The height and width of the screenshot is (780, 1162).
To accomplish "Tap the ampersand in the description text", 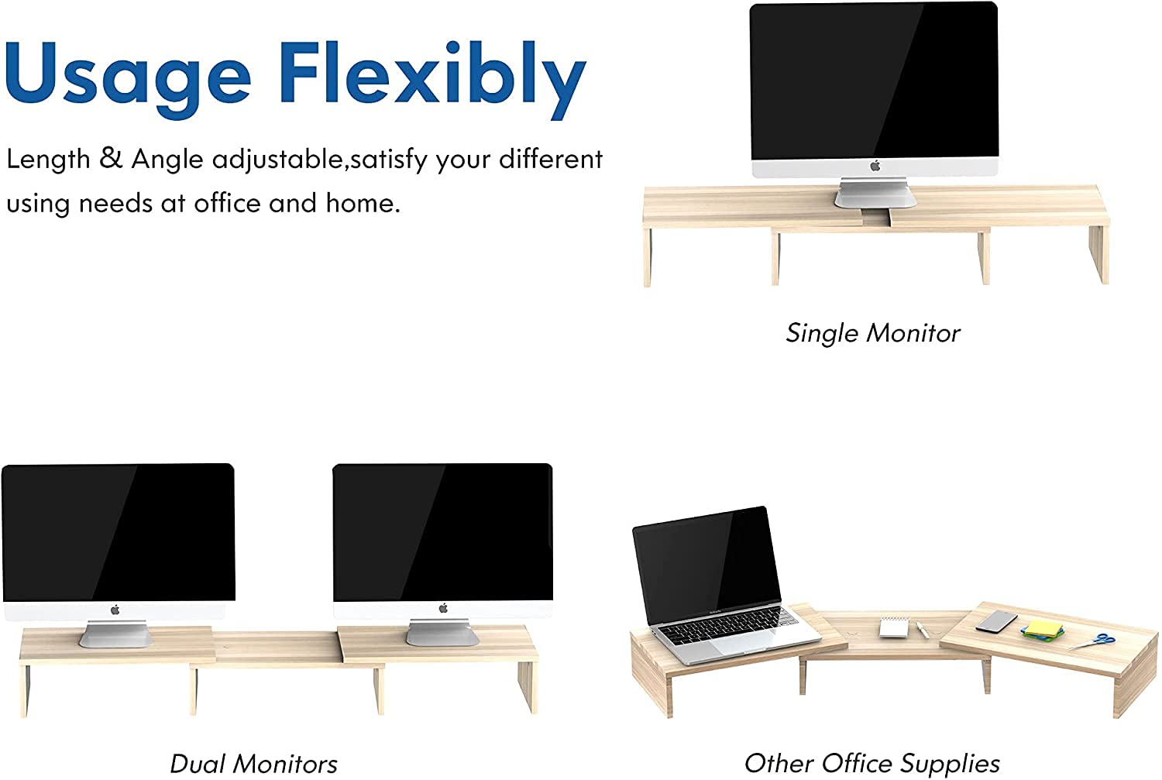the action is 111,158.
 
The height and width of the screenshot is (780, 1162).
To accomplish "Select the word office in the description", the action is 225,203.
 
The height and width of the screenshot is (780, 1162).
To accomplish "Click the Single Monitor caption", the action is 872,333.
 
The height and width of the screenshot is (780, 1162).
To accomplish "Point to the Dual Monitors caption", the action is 253,764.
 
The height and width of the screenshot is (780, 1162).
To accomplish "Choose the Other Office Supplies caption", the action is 872,764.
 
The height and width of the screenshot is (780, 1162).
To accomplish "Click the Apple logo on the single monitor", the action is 875,166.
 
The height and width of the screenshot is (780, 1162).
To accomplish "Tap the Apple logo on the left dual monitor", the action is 115,610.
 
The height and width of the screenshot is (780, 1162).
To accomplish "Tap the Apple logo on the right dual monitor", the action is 443,608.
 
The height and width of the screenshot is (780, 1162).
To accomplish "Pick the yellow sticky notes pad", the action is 1042,628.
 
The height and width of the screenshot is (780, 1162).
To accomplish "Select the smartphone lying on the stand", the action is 996,620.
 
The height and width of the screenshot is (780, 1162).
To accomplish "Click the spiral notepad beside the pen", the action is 894,627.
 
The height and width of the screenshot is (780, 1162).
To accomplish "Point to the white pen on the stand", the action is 923,630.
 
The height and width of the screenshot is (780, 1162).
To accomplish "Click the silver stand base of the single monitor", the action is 875,194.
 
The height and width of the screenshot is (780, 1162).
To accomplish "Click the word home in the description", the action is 363,203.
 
